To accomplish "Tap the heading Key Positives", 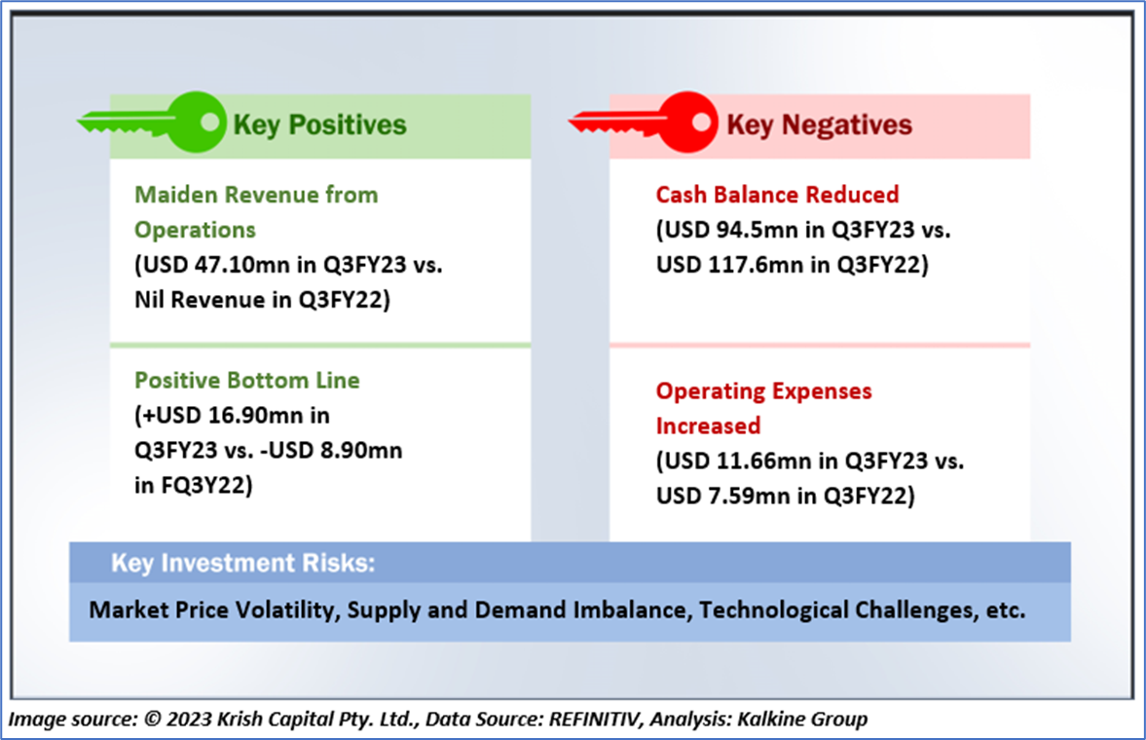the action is pos(319,125).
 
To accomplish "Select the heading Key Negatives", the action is pos(819,125).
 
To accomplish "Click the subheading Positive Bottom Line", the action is pos(247,381).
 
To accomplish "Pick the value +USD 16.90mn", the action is pos(223,416).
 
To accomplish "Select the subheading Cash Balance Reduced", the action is pos(778,195).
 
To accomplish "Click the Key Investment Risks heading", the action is pos(242,563).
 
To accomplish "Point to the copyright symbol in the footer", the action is pos(153,719).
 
